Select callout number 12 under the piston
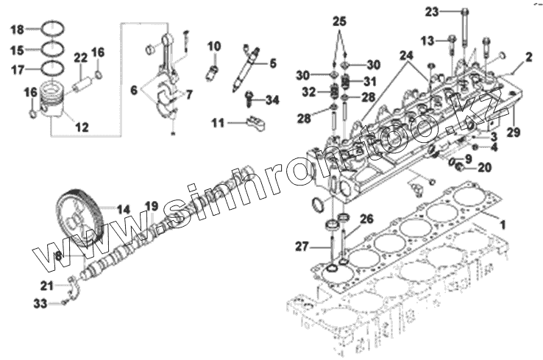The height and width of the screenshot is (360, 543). pos(82,127)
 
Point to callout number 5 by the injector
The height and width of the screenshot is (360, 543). pos(271,63)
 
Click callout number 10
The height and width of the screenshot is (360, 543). pos(213,46)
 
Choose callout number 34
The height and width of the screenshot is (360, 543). pos(272,99)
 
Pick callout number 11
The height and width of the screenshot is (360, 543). pos(219,124)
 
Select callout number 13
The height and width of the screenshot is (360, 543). pos(427,39)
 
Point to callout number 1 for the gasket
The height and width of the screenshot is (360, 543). pos(503,222)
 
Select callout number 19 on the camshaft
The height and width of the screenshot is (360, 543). pos(150,205)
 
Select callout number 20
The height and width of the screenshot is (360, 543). pos(483,167)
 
